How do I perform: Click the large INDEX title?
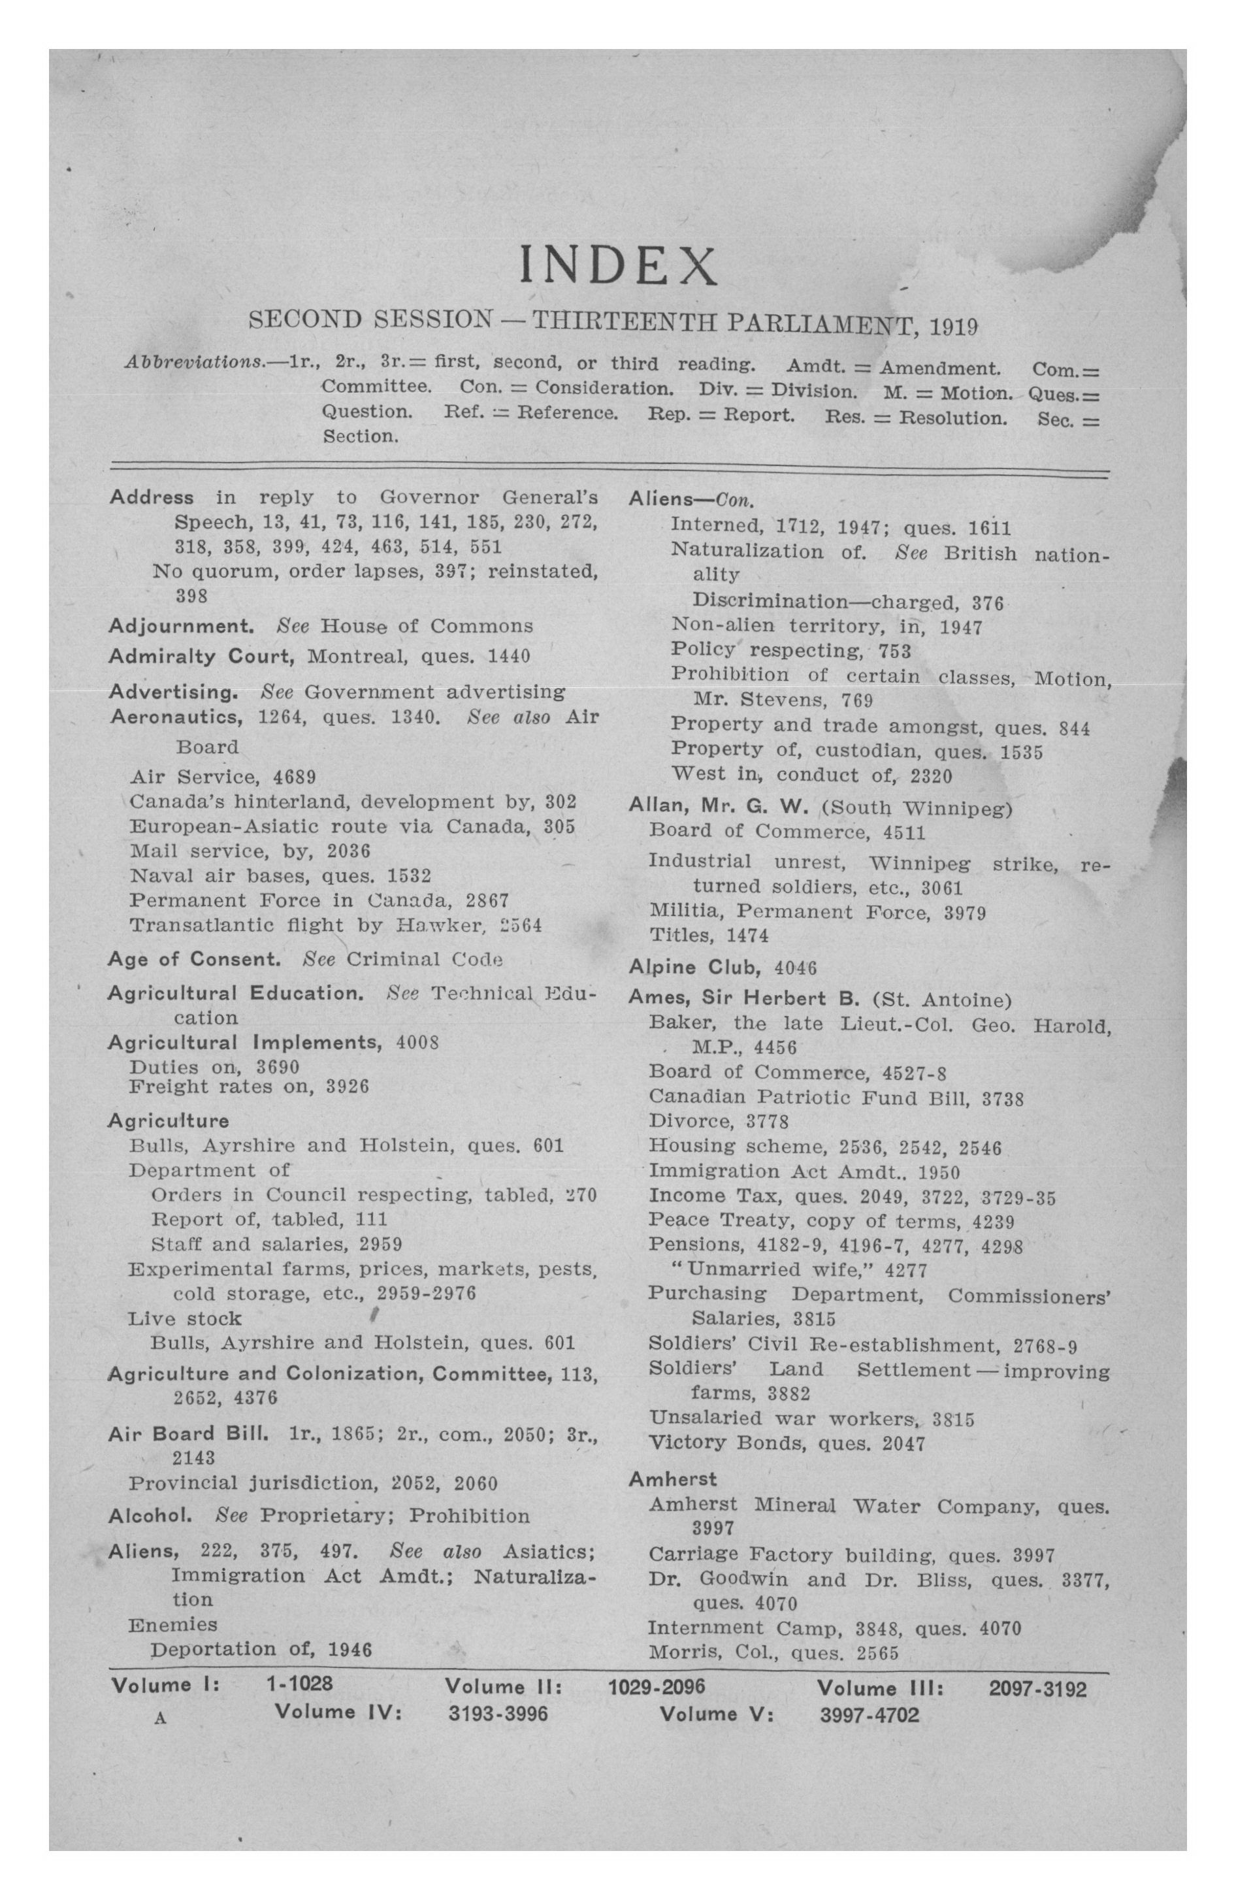617,265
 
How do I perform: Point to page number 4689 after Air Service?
295,777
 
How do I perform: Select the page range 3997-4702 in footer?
870,1715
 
